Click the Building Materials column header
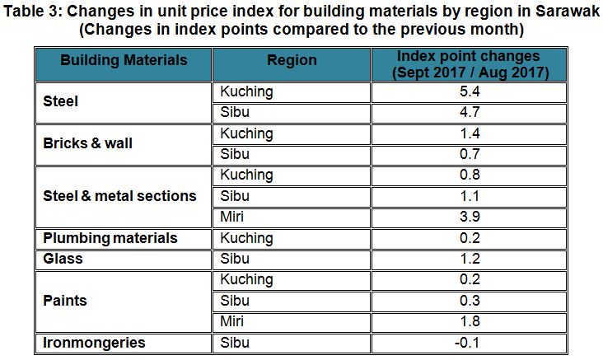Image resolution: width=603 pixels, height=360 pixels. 123,61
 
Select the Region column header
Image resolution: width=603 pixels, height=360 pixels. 292,61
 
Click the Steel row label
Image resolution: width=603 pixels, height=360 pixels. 60,102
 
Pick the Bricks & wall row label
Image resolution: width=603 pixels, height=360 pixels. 87,143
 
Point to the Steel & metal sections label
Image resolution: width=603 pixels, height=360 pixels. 119,196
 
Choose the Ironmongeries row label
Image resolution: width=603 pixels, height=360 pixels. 93,342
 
